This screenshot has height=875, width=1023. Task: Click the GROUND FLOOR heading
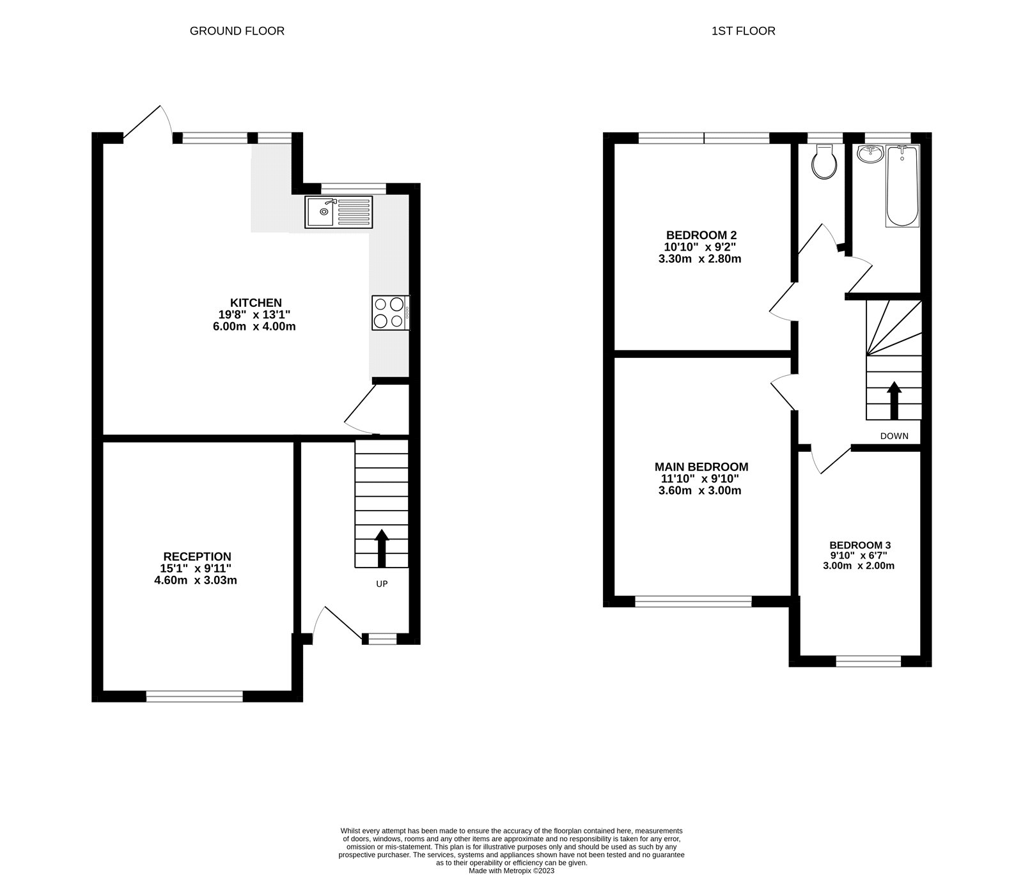(x=237, y=31)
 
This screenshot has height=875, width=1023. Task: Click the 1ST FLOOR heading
(x=743, y=31)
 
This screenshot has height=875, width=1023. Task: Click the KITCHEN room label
(x=256, y=303)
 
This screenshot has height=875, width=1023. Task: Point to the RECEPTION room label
(x=197, y=557)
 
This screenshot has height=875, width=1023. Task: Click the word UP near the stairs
(x=382, y=584)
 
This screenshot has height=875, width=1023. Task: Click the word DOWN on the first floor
(x=894, y=436)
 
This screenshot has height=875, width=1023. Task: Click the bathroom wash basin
(x=869, y=153)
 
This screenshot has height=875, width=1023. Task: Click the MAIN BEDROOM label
(x=701, y=467)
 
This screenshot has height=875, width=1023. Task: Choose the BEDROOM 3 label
(x=860, y=545)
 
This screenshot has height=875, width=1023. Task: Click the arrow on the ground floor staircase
(x=382, y=548)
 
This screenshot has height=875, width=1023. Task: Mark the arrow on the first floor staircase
(x=894, y=400)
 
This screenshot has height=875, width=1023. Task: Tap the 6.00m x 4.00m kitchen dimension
(x=256, y=327)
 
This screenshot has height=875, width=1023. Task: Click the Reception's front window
(x=194, y=696)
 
